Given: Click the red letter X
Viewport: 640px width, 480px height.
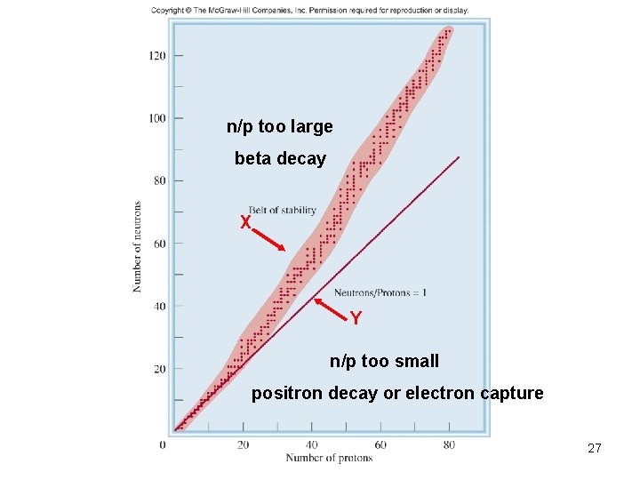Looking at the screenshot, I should point(245,222).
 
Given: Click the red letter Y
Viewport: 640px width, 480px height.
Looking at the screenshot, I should point(356,318).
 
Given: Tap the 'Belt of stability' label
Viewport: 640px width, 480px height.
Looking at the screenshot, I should point(283,210).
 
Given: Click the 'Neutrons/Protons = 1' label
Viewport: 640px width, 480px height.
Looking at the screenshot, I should point(380,292).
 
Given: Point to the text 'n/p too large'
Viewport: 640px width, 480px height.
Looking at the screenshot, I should point(280,126).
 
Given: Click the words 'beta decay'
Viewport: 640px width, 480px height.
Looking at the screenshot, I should point(280,159).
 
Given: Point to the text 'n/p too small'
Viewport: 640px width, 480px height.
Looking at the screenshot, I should point(384,361).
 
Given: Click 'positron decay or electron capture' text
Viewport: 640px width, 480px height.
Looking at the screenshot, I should point(397,393).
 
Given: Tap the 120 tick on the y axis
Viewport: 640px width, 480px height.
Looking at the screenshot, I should point(156,56).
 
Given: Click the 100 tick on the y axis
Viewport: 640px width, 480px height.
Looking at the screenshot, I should point(156,118).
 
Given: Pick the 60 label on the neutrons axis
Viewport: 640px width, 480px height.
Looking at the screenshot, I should point(158,244).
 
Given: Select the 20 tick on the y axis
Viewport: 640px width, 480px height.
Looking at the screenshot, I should point(158,369).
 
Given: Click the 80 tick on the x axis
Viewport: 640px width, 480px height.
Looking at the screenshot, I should point(449,444).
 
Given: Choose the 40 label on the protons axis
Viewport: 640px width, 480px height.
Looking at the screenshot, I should point(311,444).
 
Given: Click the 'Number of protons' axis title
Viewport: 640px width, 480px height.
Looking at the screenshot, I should point(329,458).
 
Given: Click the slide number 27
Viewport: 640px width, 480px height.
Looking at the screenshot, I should point(595,449).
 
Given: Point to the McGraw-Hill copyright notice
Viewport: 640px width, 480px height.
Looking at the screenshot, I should point(309,10).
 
